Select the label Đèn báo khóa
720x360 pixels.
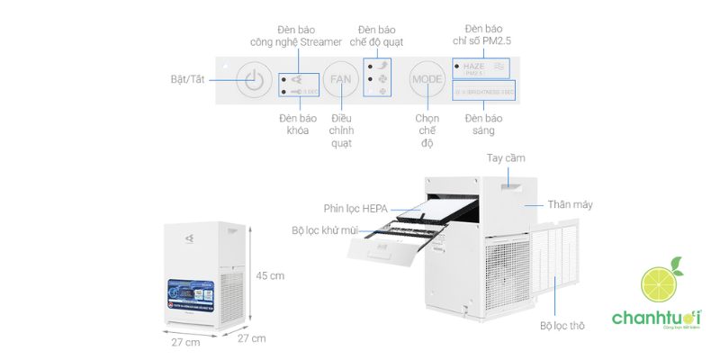pos(293,124)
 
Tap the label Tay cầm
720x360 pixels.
pos(506,157)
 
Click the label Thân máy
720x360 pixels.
pos(571,204)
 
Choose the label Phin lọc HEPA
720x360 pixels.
pos(355,208)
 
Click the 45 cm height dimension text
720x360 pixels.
pos(270,275)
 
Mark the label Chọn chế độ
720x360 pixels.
pos(427,130)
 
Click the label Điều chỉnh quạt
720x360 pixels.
pos(341,130)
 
